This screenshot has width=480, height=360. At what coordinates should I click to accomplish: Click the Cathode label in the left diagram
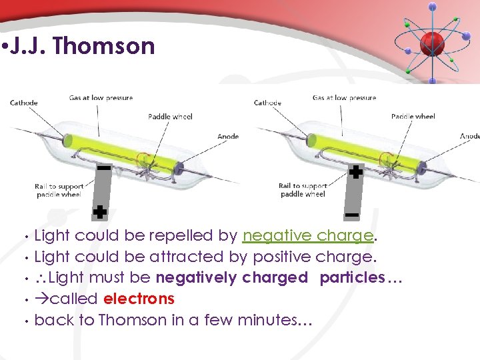23,103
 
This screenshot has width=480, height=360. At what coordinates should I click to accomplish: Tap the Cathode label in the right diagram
267,103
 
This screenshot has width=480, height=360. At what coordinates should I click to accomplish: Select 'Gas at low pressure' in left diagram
101,98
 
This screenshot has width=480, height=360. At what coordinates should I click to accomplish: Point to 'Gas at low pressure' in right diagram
344,98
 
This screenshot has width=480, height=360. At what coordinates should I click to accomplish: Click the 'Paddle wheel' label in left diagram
170,117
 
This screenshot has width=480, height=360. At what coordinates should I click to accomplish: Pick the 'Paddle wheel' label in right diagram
413,117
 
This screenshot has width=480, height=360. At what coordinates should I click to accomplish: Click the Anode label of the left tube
228,137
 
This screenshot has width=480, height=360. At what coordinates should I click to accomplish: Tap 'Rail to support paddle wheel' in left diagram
59,190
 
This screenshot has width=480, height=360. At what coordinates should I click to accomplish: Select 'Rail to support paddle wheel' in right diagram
303,190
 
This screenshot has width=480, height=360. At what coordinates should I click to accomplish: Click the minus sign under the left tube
103,169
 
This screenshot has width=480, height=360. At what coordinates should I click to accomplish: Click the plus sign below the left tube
100,212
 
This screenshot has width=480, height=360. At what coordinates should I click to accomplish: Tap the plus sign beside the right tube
356,173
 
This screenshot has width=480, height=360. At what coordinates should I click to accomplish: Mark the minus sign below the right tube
353,215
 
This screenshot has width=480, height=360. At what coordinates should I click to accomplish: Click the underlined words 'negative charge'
307,235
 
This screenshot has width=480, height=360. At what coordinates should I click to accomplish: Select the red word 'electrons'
138,299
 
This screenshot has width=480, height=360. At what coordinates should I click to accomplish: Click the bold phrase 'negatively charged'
232,277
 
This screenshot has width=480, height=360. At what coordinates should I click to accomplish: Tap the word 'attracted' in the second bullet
179,257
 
